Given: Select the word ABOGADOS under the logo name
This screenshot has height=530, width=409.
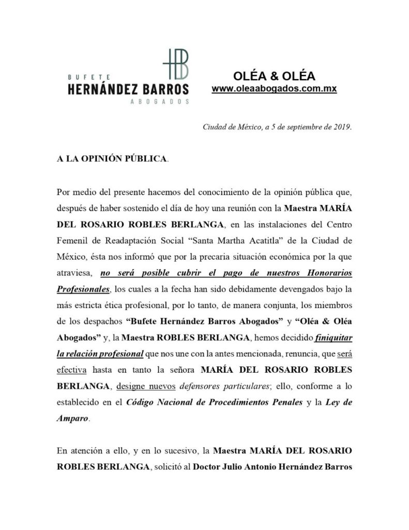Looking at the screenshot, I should pos(158,102).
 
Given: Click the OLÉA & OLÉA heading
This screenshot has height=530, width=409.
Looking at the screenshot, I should pos(275,76).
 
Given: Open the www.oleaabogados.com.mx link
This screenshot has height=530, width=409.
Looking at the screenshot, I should pos(275,89).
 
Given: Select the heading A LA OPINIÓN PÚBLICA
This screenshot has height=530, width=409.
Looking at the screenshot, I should pos(112,159).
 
